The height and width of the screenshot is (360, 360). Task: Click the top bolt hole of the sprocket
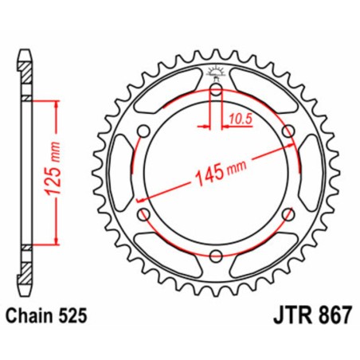[x=215, y=89]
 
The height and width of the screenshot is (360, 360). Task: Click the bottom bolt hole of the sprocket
[x=215, y=255]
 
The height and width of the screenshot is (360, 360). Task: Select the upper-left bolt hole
[x=143, y=131]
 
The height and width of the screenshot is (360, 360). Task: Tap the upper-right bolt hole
[x=287, y=131]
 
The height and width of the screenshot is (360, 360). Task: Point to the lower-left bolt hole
[x=143, y=213]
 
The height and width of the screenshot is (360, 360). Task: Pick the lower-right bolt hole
[x=287, y=213]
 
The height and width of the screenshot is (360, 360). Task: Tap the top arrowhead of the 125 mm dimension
[x=57, y=105]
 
